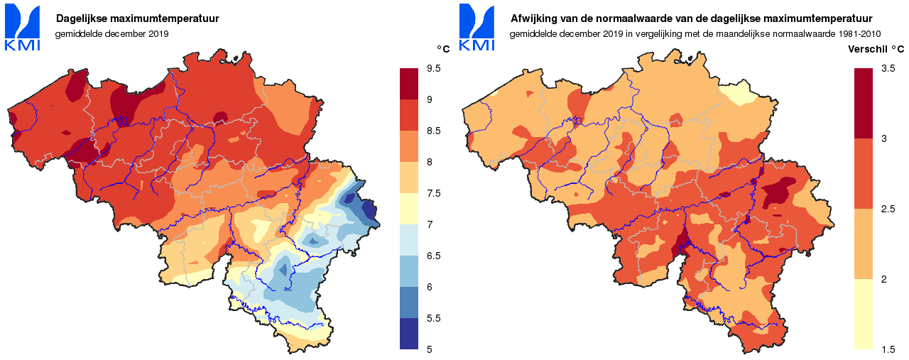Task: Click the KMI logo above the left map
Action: point(23,28)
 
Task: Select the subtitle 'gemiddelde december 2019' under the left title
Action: point(111,33)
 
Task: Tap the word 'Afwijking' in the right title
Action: point(534,18)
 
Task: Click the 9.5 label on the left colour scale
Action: point(433,68)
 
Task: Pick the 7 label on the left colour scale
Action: point(429,224)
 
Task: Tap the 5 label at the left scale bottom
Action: point(429,349)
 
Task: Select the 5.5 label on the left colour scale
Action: point(433,318)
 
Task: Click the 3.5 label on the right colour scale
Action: point(888,68)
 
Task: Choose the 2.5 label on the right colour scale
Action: point(888,209)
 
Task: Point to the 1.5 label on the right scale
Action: point(888,349)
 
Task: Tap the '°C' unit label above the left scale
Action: point(443,49)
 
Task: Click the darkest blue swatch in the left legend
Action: point(410,334)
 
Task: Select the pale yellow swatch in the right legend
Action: point(864,314)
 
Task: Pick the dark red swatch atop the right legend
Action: point(864,103)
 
